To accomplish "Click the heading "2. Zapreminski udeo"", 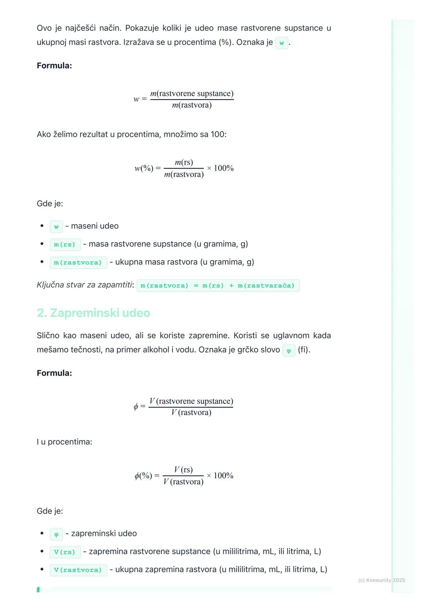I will point(93,313).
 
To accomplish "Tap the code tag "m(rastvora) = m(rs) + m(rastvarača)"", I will point(218,286).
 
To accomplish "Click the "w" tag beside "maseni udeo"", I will point(56,227).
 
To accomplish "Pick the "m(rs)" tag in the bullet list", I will point(65,244).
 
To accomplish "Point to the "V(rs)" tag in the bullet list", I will point(65,552).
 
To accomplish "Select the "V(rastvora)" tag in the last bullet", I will point(78,570).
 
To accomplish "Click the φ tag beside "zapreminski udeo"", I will point(56,534).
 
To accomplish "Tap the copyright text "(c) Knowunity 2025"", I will point(381,580).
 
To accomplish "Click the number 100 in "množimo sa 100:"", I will point(218,135).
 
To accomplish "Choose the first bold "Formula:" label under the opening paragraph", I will point(54,66).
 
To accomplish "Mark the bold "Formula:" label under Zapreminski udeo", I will point(54,373).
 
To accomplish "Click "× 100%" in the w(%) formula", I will point(220,168).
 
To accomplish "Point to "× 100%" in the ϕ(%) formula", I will point(220,476).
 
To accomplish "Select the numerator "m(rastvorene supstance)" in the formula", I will point(192,94).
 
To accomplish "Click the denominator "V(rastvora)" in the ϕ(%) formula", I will point(183,482).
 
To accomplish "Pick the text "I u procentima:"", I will point(65,442).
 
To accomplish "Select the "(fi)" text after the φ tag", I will point(304,350).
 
